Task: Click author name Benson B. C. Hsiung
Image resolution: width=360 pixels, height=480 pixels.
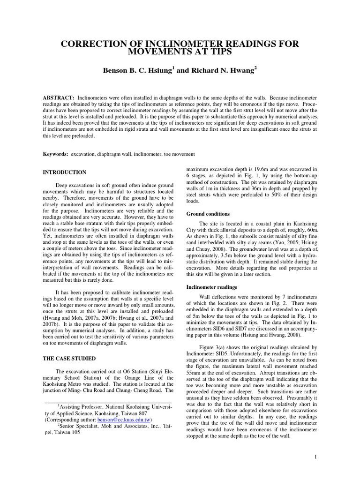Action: (136, 71)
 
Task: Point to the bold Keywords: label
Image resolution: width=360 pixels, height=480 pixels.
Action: (55, 154)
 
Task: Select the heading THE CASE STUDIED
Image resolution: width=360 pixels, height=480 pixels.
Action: (69, 359)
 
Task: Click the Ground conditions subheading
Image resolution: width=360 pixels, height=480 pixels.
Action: (209, 214)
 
